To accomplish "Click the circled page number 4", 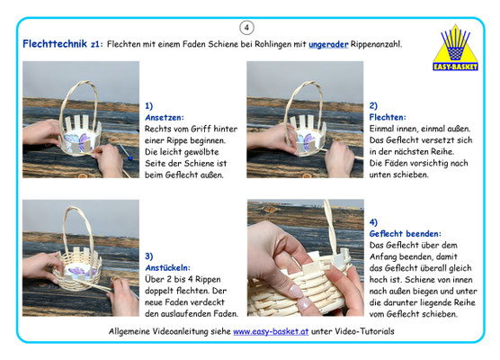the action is coord(246,28).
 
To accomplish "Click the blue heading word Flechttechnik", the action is coord(55,44).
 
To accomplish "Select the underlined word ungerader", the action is coord(328,44).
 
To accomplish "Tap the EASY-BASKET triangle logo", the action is coord(455,48).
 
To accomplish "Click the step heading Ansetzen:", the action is coord(165,117).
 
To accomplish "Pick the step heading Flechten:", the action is coord(388,117).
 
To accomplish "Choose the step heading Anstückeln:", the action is coord(167,267).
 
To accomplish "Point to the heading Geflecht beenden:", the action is coord(405,234).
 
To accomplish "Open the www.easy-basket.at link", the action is coord(271,331).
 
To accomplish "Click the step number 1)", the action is coord(148,105).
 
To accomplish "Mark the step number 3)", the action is coord(148,256).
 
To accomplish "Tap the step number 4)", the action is coord(373,222).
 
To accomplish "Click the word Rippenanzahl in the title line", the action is coord(376,44).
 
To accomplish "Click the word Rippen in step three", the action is coord(208,280).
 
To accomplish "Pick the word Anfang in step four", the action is coord(385,256).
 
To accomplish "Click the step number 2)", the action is coord(373,105).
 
